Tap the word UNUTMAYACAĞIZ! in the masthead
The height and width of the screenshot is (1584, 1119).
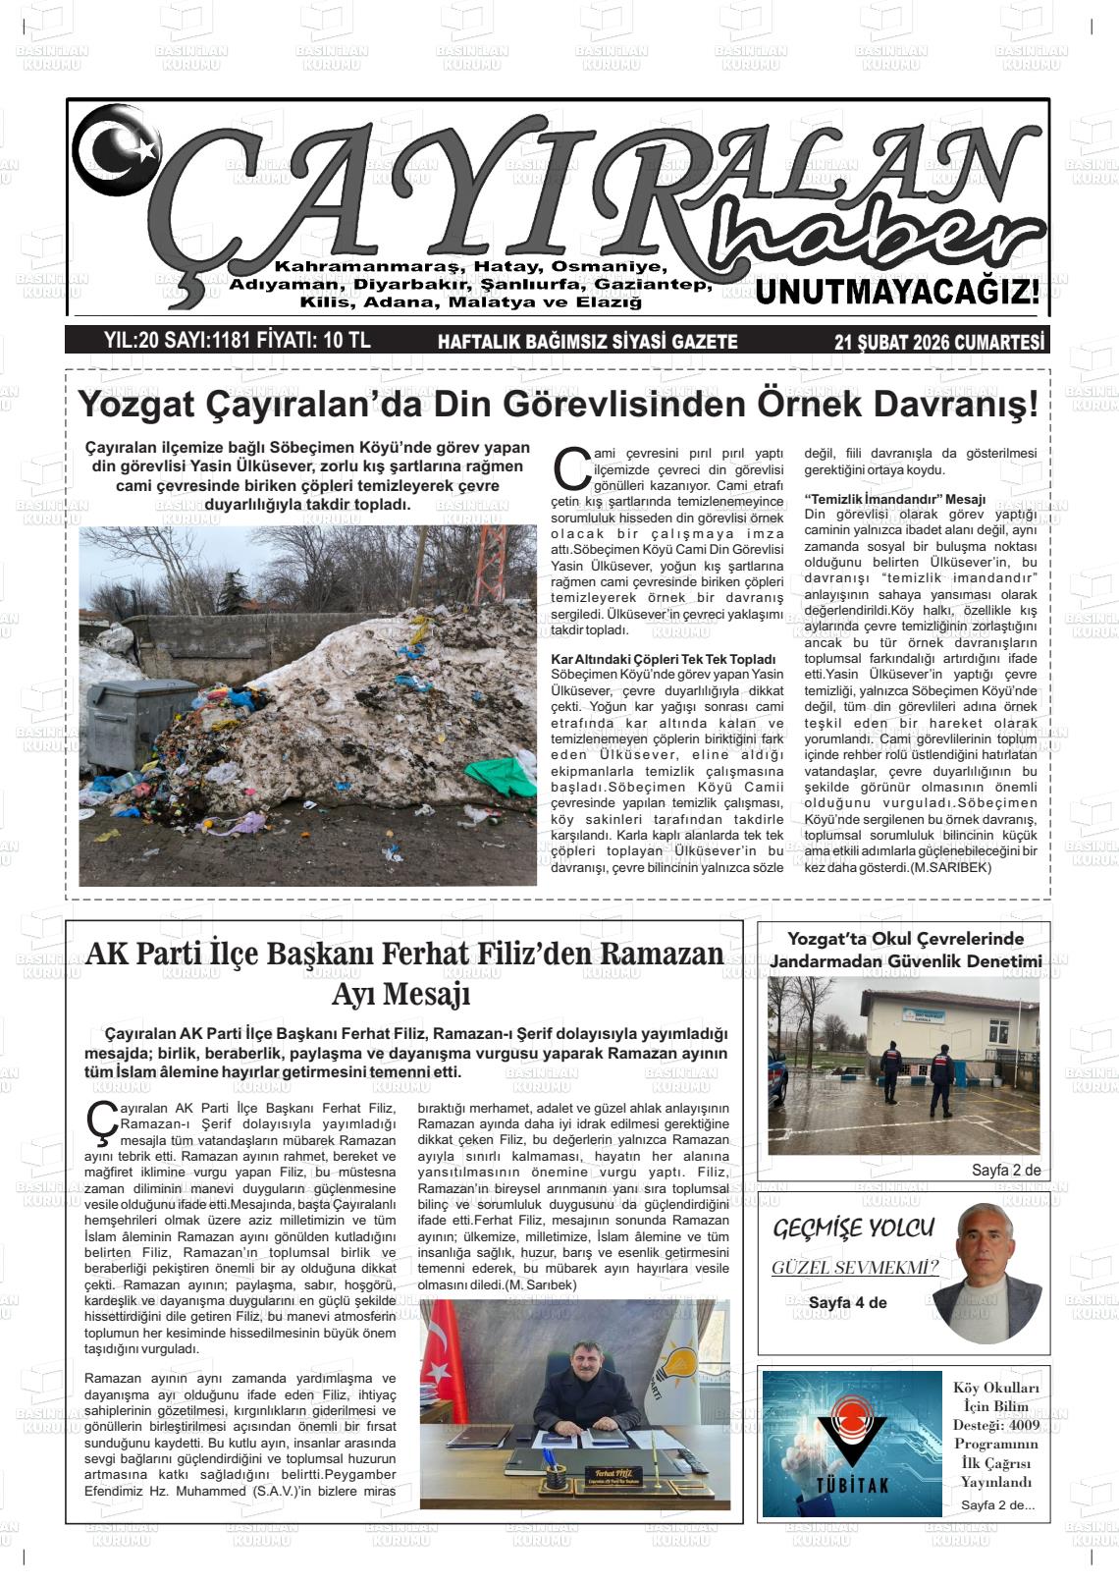coord(896,292)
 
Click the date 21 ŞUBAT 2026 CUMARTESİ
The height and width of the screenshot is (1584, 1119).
coord(938,342)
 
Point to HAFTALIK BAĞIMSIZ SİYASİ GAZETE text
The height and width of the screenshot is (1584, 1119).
coord(587,342)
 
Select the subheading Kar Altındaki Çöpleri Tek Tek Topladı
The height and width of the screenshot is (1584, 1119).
coord(664,659)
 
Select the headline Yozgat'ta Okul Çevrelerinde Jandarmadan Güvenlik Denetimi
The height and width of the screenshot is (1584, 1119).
coord(904,950)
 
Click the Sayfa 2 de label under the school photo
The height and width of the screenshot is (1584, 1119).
coord(1005,1170)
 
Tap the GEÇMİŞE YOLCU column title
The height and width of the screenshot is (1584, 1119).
coord(852,1228)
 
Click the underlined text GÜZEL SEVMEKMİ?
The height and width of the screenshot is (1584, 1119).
coord(854,1267)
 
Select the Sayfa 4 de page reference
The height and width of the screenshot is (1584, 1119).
coord(847,1302)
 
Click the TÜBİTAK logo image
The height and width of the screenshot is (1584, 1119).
coord(851,1444)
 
